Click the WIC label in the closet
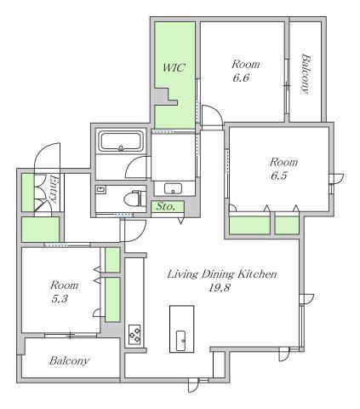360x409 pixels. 174,67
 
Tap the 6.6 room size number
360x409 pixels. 241,78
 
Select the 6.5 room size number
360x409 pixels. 279,176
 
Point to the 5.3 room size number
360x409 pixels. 60,299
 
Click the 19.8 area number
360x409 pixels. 219,288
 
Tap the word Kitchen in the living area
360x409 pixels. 257,274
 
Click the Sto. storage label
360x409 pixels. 166,206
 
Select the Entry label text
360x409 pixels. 54,188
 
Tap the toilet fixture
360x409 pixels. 135,198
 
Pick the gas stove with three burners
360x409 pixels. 134,334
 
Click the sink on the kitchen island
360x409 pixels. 181,341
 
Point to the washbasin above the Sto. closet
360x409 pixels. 173,188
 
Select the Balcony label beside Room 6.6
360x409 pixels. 306,74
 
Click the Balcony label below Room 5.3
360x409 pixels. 69,360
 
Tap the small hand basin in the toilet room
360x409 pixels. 100,189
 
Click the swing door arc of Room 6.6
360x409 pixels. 214,111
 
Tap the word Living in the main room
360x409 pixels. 182,274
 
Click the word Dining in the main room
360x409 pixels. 218,274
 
